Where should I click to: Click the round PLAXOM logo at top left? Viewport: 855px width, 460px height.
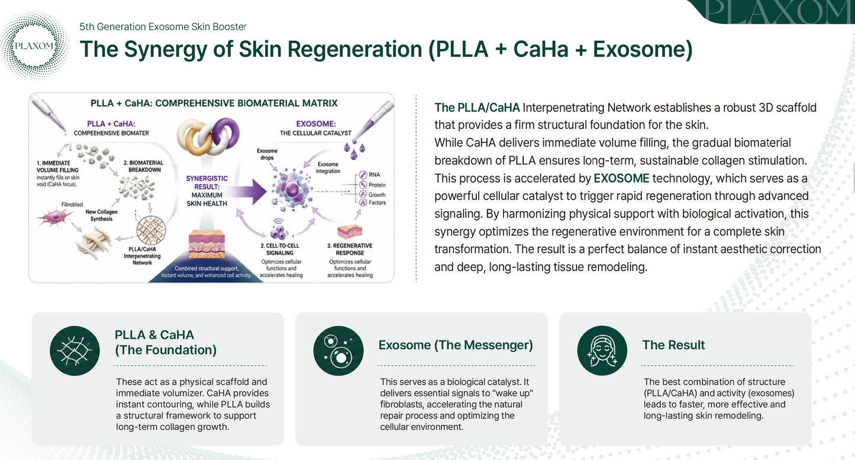point(34,46)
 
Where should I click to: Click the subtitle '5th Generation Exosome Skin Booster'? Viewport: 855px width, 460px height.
point(163,27)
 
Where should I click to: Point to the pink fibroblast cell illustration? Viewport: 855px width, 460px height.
point(55,217)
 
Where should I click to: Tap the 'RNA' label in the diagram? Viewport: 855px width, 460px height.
point(374,174)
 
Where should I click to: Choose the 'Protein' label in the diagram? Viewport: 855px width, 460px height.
point(377,185)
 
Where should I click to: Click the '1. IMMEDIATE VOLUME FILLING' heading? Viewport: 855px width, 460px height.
point(57,167)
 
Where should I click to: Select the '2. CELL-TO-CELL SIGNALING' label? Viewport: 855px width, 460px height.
point(280,250)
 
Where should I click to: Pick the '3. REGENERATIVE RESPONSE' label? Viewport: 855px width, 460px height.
point(350,250)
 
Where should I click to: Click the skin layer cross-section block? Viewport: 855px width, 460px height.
point(207,244)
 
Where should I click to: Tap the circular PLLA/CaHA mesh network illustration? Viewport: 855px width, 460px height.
point(151,230)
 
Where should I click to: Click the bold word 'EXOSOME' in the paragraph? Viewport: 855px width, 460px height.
point(621,179)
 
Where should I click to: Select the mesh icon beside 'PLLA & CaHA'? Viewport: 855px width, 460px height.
point(75,351)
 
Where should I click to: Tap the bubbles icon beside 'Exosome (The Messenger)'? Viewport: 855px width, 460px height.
point(338,351)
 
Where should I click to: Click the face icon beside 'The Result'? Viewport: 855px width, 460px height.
point(602,351)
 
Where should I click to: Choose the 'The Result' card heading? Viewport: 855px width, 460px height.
point(673,345)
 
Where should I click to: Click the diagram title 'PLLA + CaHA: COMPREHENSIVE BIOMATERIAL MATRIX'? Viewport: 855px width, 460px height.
point(214,103)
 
